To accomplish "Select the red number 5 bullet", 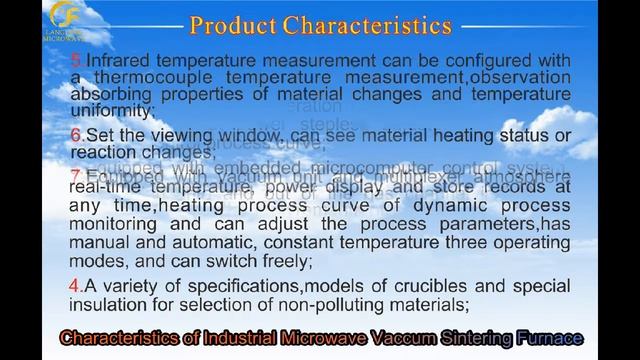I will coord(75,61).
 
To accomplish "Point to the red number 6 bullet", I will coord(75,135).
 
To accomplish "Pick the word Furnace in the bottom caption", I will coord(544,338).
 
